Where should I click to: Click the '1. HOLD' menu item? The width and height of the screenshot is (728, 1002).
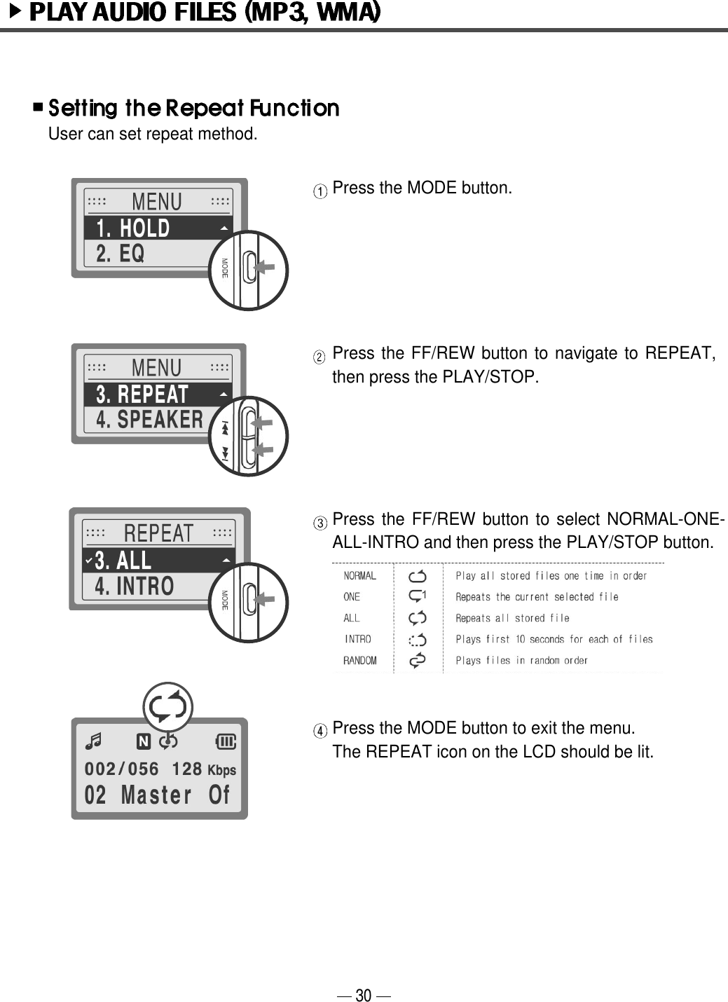click(x=133, y=228)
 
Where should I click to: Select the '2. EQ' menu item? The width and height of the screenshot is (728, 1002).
click(x=121, y=254)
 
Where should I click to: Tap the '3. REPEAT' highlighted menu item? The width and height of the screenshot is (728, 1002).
click(x=142, y=394)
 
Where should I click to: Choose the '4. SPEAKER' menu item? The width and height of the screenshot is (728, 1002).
click(x=149, y=420)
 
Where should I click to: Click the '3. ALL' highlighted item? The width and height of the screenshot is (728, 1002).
click(x=123, y=561)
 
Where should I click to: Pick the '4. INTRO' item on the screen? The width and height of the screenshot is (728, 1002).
click(x=134, y=586)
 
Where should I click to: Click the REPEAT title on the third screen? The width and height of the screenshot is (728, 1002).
click(x=158, y=533)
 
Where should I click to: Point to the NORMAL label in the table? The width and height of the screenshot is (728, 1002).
click(x=359, y=576)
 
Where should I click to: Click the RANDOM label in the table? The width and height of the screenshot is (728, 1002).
click(x=359, y=661)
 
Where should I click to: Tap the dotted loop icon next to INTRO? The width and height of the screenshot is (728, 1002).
click(x=418, y=639)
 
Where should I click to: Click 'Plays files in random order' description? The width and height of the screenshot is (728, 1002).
click(x=521, y=661)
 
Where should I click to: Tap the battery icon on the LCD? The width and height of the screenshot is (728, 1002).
click(x=226, y=741)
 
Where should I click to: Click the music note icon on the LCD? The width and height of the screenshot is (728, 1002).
click(x=92, y=741)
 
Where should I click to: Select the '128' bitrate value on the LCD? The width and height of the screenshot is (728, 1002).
click(x=186, y=769)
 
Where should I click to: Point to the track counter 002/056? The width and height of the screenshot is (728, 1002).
click(x=121, y=769)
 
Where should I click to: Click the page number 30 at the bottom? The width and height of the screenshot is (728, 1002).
click(x=363, y=995)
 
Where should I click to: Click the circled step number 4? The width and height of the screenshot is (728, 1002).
click(x=319, y=731)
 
